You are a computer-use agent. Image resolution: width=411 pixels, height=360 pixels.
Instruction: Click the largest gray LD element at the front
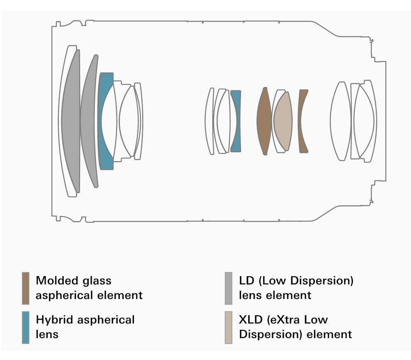pos(71,121)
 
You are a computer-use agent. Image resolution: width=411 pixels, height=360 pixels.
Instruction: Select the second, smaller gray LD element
pos(89,121)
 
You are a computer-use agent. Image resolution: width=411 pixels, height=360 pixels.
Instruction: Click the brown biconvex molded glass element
pos(264,121)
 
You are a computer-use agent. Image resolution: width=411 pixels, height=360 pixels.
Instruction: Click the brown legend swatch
pos(25,288)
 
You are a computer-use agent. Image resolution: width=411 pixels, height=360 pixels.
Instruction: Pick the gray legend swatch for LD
pos(229,288)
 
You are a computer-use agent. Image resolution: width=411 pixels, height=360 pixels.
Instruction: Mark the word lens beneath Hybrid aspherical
pos(47,334)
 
